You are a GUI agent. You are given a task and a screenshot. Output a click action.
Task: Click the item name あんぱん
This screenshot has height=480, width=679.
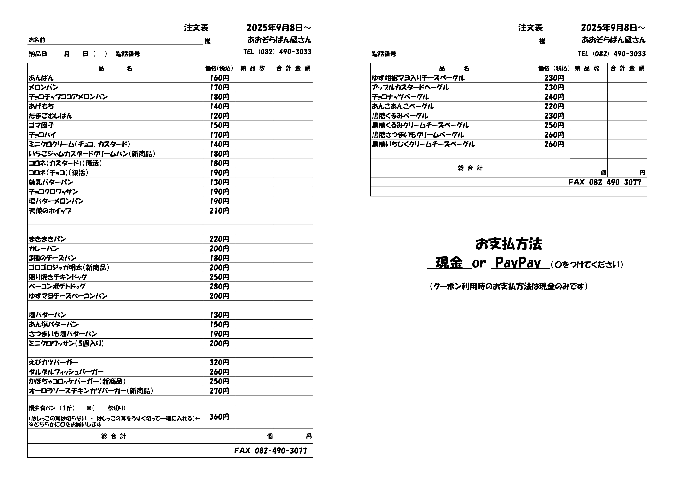[x=41, y=78]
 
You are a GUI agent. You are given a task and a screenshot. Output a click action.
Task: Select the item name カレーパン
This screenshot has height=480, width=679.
[x=44, y=249]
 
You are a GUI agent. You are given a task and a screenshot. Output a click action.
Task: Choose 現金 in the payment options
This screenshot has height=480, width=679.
[x=449, y=263]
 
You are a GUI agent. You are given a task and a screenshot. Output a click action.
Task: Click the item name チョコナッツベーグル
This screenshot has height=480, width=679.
[x=400, y=97]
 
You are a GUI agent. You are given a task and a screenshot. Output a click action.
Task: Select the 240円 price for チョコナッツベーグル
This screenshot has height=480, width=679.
[x=554, y=97]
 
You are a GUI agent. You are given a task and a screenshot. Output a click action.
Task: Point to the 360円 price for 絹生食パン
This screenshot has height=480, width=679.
[x=219, y=417]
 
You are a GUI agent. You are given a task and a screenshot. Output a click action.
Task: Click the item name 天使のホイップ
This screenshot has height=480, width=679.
[x=50, y=211]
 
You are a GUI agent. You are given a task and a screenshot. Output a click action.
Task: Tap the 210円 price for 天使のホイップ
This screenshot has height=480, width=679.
[x=219, y=211]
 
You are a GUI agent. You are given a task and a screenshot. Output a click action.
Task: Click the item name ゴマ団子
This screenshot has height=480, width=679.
[x=41, y=125]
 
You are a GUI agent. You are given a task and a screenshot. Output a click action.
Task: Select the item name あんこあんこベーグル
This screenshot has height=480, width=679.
[x=403, y=106]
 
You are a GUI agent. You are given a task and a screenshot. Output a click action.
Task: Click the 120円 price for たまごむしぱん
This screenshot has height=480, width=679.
[x=219, y=116]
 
